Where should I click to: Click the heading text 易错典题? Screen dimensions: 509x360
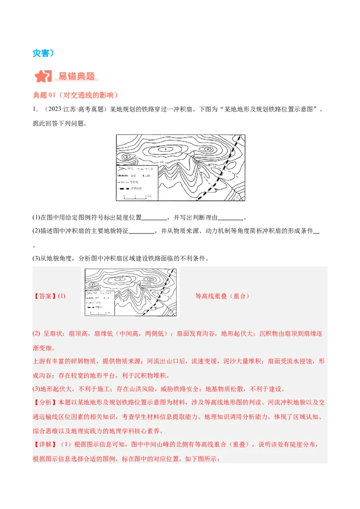click(77, 76)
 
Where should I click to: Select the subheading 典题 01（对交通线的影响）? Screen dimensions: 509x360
click(75, 95)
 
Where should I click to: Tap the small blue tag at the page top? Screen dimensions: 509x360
click(43, 53)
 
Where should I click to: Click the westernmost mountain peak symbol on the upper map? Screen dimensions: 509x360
click(127, 156)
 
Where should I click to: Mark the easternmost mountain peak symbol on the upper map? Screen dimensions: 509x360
click(207, 149)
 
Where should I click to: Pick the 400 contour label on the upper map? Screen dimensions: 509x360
click(161, 161)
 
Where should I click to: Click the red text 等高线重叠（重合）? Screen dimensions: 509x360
click(222, 296)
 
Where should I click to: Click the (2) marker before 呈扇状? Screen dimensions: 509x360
click(36, 334)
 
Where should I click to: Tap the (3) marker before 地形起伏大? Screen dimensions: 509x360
click(36, 389)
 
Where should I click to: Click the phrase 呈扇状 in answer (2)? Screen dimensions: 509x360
click(54, 334)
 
